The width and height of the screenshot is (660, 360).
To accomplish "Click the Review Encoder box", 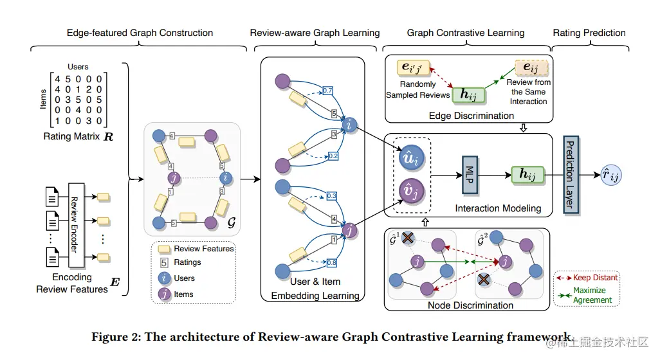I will (x=75, y=225).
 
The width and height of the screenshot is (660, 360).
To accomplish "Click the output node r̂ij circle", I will (x=610, y=173).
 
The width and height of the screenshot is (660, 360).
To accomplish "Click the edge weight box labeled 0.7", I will (x=328, y=91).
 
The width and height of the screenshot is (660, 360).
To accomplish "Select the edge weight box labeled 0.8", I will (x=331, y=262).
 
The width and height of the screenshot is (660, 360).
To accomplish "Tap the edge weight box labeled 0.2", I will (x=332, y=156).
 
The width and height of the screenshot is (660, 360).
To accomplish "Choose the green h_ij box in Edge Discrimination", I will (x=468, y=94).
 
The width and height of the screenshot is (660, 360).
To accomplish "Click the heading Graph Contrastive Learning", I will (x=466, y=33).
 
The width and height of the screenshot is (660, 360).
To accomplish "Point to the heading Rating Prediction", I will (x=589, y=33).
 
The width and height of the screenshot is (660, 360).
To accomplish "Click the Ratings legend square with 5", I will (x=164, y=262).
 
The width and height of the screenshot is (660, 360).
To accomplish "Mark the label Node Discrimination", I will (x=470, y=305).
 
